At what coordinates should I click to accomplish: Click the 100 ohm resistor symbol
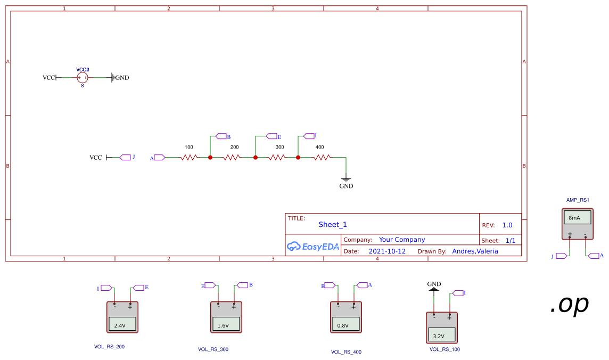(189, 158)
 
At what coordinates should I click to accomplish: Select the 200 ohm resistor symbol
(232, 158)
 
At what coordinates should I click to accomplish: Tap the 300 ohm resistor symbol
(277, 158)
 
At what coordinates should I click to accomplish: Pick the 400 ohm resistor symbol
(322, 158)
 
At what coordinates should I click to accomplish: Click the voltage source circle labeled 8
(83, 78)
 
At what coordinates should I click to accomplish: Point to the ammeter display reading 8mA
(577, 218)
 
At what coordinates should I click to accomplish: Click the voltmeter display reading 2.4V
(122, 324)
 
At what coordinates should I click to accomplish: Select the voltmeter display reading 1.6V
(226, 324)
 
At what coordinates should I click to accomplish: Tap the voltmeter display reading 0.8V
(346, 324)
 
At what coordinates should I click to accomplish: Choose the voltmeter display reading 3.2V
(441, 335)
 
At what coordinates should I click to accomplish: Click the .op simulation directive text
(569, 304)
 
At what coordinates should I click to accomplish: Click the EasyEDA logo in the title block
(312, 246)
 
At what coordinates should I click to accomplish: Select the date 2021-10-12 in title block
(387, 251)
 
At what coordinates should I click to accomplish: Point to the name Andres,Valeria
(475, 251)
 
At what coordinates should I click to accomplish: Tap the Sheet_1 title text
(333, 224)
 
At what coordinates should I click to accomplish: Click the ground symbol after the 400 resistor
(346, 180)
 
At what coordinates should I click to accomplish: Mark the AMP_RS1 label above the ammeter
(578, 200)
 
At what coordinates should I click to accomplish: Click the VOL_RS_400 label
(346, 352)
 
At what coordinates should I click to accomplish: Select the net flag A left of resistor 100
(158, 158)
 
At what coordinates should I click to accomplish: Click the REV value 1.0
(507, 225)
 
